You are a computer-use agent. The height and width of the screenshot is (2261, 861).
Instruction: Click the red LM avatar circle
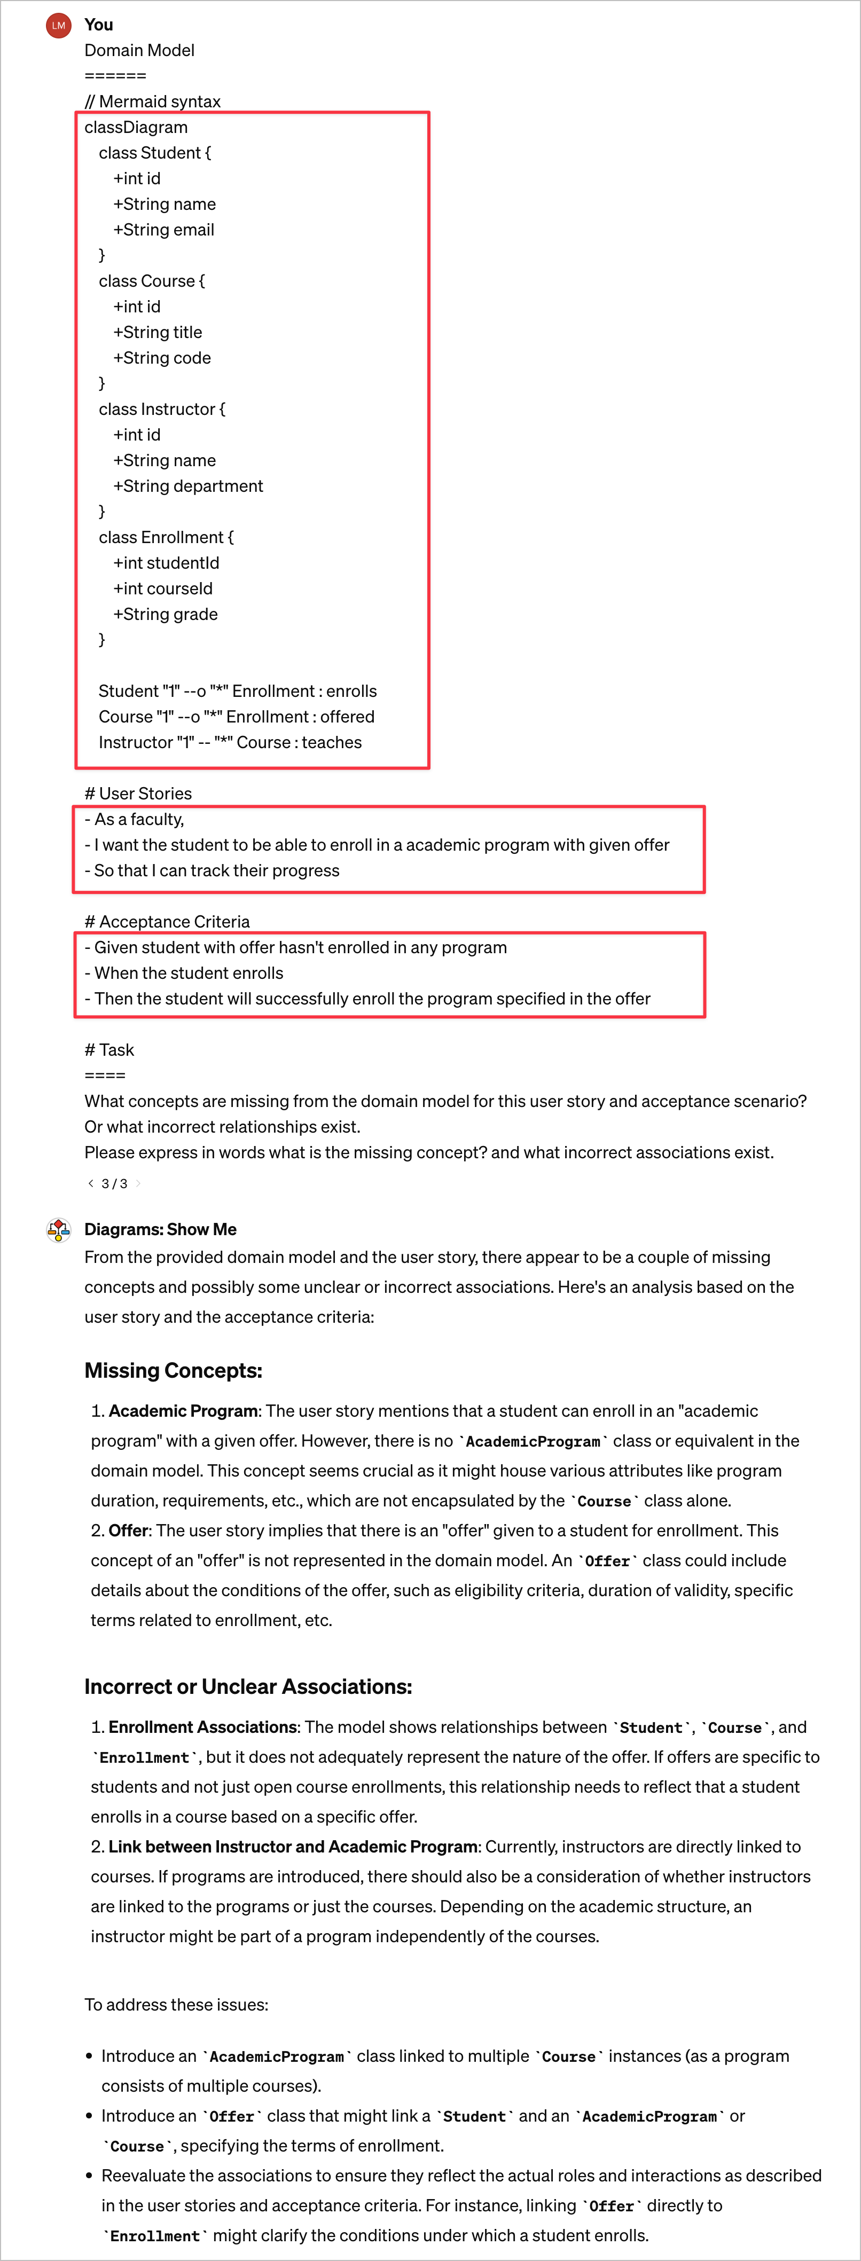(x=58, y=26)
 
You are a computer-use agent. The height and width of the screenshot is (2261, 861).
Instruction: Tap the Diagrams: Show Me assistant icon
(x=58, y=1230)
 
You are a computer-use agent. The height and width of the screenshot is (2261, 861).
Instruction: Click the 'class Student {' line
(x=154, y=153)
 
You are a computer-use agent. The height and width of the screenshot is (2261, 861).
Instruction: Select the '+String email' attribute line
(x=163, y=230)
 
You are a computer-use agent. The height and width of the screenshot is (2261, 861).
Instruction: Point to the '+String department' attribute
(x=188, y=486)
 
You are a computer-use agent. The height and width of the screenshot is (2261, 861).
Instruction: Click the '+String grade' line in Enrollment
(x=165, y=615)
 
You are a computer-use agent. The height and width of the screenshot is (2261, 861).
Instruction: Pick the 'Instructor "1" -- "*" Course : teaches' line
(x=230, y=743)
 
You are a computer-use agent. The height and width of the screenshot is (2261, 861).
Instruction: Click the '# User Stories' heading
(x=138, y=794)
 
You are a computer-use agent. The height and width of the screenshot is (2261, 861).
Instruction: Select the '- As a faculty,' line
(x=134, y=819)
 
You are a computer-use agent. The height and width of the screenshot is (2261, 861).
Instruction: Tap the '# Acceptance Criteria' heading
(x=167, y=922)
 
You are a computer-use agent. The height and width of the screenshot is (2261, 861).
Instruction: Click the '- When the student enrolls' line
(x=183, y=974)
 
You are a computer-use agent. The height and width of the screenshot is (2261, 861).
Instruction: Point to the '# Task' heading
(x=109, y=1050)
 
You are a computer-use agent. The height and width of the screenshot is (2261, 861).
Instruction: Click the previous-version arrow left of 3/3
(x=90, y=1183)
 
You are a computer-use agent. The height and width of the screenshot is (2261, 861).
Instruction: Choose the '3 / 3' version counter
(x=114, y=1184)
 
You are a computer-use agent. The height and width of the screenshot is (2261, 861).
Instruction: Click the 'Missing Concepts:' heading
(x=173, y=1370)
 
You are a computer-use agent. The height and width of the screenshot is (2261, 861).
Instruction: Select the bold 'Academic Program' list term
(x=183, y=1410)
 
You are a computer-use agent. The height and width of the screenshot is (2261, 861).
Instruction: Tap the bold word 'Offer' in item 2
(x=128, y=1530)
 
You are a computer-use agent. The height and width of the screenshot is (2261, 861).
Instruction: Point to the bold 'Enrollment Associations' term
(x=202, y=1726)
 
